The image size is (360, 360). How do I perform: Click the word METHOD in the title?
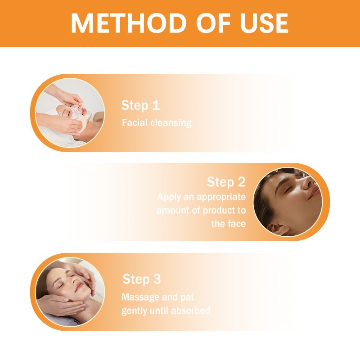pyautogui.click(x=129, y=23)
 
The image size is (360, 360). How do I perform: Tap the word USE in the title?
pyautogui.click(x=264, y=23)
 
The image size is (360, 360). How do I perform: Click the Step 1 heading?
pyautogui.click(x=140, y=105)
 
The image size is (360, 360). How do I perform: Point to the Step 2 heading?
pyautogui.click(x=226, y=182)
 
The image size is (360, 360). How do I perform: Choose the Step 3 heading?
pyautogui.click(x=142, y=279)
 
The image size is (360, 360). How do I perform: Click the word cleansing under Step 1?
pyautogui.click(x=171, y=123)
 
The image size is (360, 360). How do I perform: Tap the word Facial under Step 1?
pyautogui.click(x=135, y=122)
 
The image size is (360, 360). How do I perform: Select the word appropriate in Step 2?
pyautogui.click(x=221, y=197)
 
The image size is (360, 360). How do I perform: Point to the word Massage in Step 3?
pyautogui.click(x=140, y=297)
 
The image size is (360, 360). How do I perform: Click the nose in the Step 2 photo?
pyautogui.click(x=308, y=183)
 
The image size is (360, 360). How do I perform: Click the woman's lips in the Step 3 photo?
pyautogui.click(x=79, y=287)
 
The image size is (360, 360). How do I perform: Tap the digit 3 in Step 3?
pyautogui.click(x=157, y=279)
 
